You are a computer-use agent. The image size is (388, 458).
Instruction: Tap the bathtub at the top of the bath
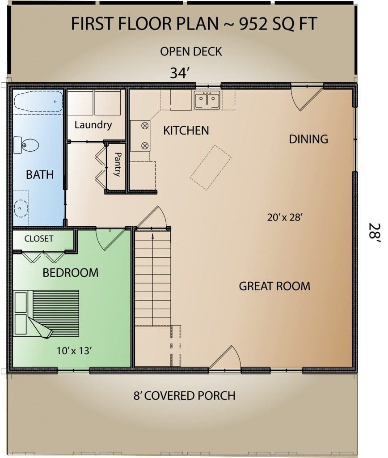point(38,102)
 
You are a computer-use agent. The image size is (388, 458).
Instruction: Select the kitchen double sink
point(207,100)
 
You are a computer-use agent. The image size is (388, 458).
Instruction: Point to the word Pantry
point(118,165)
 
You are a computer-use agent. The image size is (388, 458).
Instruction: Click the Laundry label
point(93,125)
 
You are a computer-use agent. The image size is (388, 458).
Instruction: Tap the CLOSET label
point(39,239)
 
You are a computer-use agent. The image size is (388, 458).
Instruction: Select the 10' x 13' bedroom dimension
point(75,351)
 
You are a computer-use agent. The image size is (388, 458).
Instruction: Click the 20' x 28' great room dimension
point(285,217)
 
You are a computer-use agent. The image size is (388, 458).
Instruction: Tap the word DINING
point(308,139)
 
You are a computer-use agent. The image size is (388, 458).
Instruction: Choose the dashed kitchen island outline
point(211,167)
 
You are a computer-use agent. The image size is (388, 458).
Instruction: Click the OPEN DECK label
point(191,52)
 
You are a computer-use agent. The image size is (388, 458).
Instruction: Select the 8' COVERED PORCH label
point(185,395)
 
